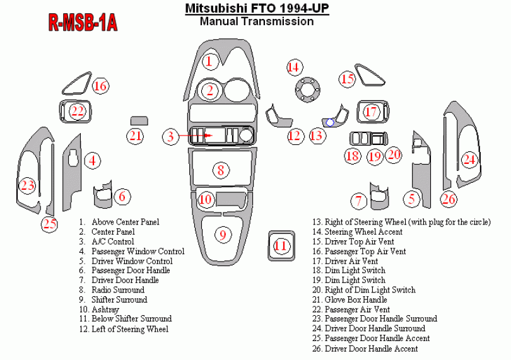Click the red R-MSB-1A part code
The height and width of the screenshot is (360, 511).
tap(83, 23)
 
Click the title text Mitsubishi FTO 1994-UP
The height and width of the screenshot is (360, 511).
tap(257, 8)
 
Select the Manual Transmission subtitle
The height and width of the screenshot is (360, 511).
tap(257, 21)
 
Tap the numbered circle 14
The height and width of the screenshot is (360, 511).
tap(295, 67)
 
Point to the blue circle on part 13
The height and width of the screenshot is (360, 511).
tap(330, 122)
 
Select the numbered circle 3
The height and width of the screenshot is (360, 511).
tap(171, 136)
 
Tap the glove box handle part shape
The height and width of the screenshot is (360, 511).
tap(139, 120)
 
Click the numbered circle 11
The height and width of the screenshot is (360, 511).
tap(280, 245)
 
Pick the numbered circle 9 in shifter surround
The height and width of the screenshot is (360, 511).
tap(223, 235)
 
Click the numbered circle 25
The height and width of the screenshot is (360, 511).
tap(50, 224)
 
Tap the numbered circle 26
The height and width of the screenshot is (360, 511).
tap(449, 199)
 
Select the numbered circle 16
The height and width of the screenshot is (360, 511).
tap(100, 86)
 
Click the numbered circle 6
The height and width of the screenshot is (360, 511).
tap(122, 196)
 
